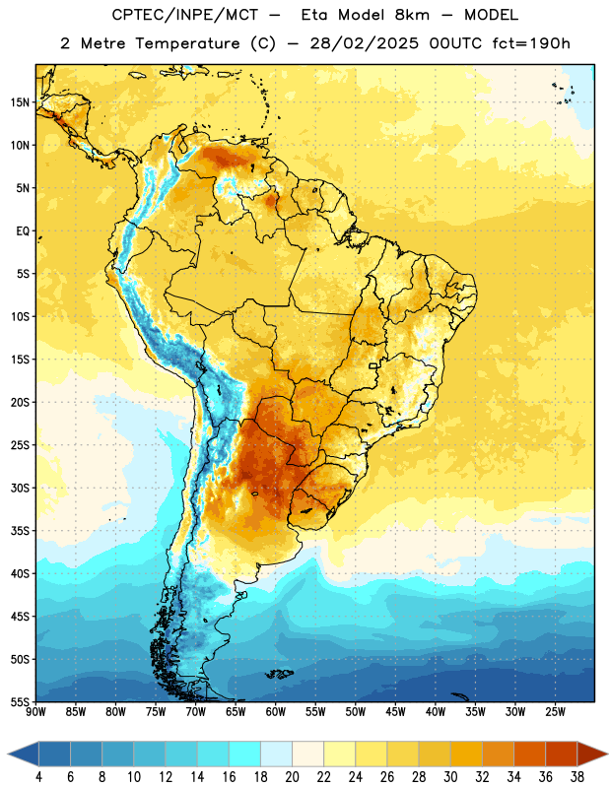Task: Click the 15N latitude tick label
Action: point(20,102)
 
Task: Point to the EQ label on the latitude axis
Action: point(23,231)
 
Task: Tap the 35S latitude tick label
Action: point(20,531)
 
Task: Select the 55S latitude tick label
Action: point(20,701)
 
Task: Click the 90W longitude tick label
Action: point(35,712)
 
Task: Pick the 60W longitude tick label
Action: point(276,712)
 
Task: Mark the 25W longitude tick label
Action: point(555,712)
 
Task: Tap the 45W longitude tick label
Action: point(395,712)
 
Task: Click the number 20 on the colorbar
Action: point(292,777)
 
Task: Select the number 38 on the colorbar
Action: point(576,777)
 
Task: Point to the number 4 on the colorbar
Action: point(38,777)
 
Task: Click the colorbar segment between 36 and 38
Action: point(562,754)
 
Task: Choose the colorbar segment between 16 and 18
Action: point(245,754)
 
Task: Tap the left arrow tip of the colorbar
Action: point(8,754)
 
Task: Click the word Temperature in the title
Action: point(187,43)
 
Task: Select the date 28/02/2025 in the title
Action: point(364,43)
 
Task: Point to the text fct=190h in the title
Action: point(531,43)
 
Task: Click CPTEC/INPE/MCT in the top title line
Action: point(184,15)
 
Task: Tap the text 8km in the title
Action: point(412,15)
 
